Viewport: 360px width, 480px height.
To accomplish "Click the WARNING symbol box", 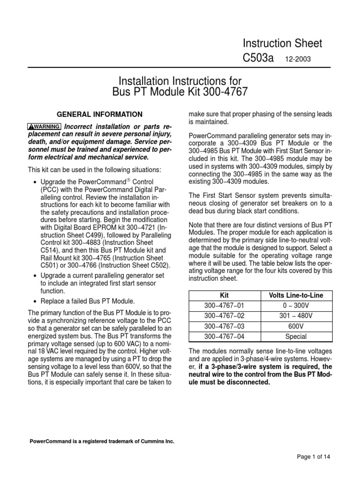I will (x=45, y=127).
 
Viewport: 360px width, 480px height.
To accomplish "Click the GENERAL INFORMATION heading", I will (x=99, y=114).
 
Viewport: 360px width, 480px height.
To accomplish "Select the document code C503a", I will (x=258, y=59).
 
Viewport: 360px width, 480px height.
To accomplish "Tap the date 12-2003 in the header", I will (x=298, y=60).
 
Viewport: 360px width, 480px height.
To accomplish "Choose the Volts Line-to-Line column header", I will (x=296, y=295).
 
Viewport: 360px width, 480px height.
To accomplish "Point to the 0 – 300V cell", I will (x=296, y=306).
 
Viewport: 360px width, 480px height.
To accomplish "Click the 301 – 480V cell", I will (x=296, y=316).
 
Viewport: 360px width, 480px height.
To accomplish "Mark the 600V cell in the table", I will (x=296, y=326).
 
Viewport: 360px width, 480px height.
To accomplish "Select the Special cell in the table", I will (x=296, y=337).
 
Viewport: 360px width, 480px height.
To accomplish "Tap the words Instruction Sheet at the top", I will (x=282, y=44).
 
